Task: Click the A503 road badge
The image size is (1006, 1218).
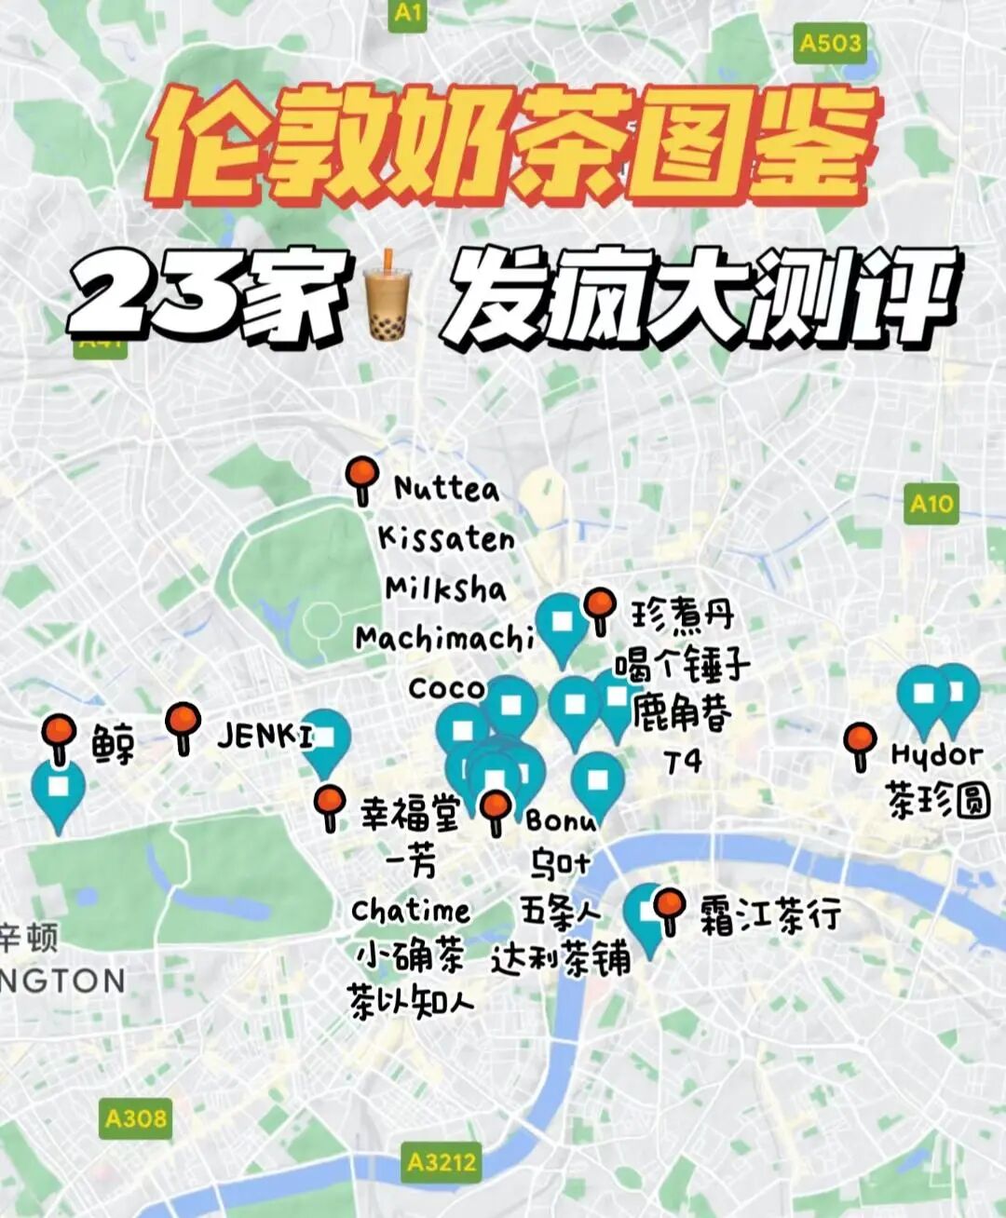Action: click(830, 44)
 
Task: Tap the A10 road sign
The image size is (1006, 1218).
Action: click(931, 504)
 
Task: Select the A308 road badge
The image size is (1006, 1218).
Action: click(136, 1117)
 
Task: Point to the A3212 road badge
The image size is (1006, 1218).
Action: click(442, 1162)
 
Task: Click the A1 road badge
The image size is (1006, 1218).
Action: click(408, 13)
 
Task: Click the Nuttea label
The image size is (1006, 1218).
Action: click(446, 488)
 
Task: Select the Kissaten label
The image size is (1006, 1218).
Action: click(446, 538)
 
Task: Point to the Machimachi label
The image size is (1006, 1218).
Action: click(444, 638)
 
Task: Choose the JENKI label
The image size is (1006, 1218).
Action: click(265, 737)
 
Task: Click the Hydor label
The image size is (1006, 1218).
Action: click(936, 754)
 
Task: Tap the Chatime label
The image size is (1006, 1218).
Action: click(411, 910)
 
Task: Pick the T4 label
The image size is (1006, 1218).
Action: click(683, 762)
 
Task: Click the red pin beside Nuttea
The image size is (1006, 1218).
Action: click(361, 477)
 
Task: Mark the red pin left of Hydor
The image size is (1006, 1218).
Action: click(860, 743)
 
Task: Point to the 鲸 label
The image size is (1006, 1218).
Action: click(114, 744)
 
